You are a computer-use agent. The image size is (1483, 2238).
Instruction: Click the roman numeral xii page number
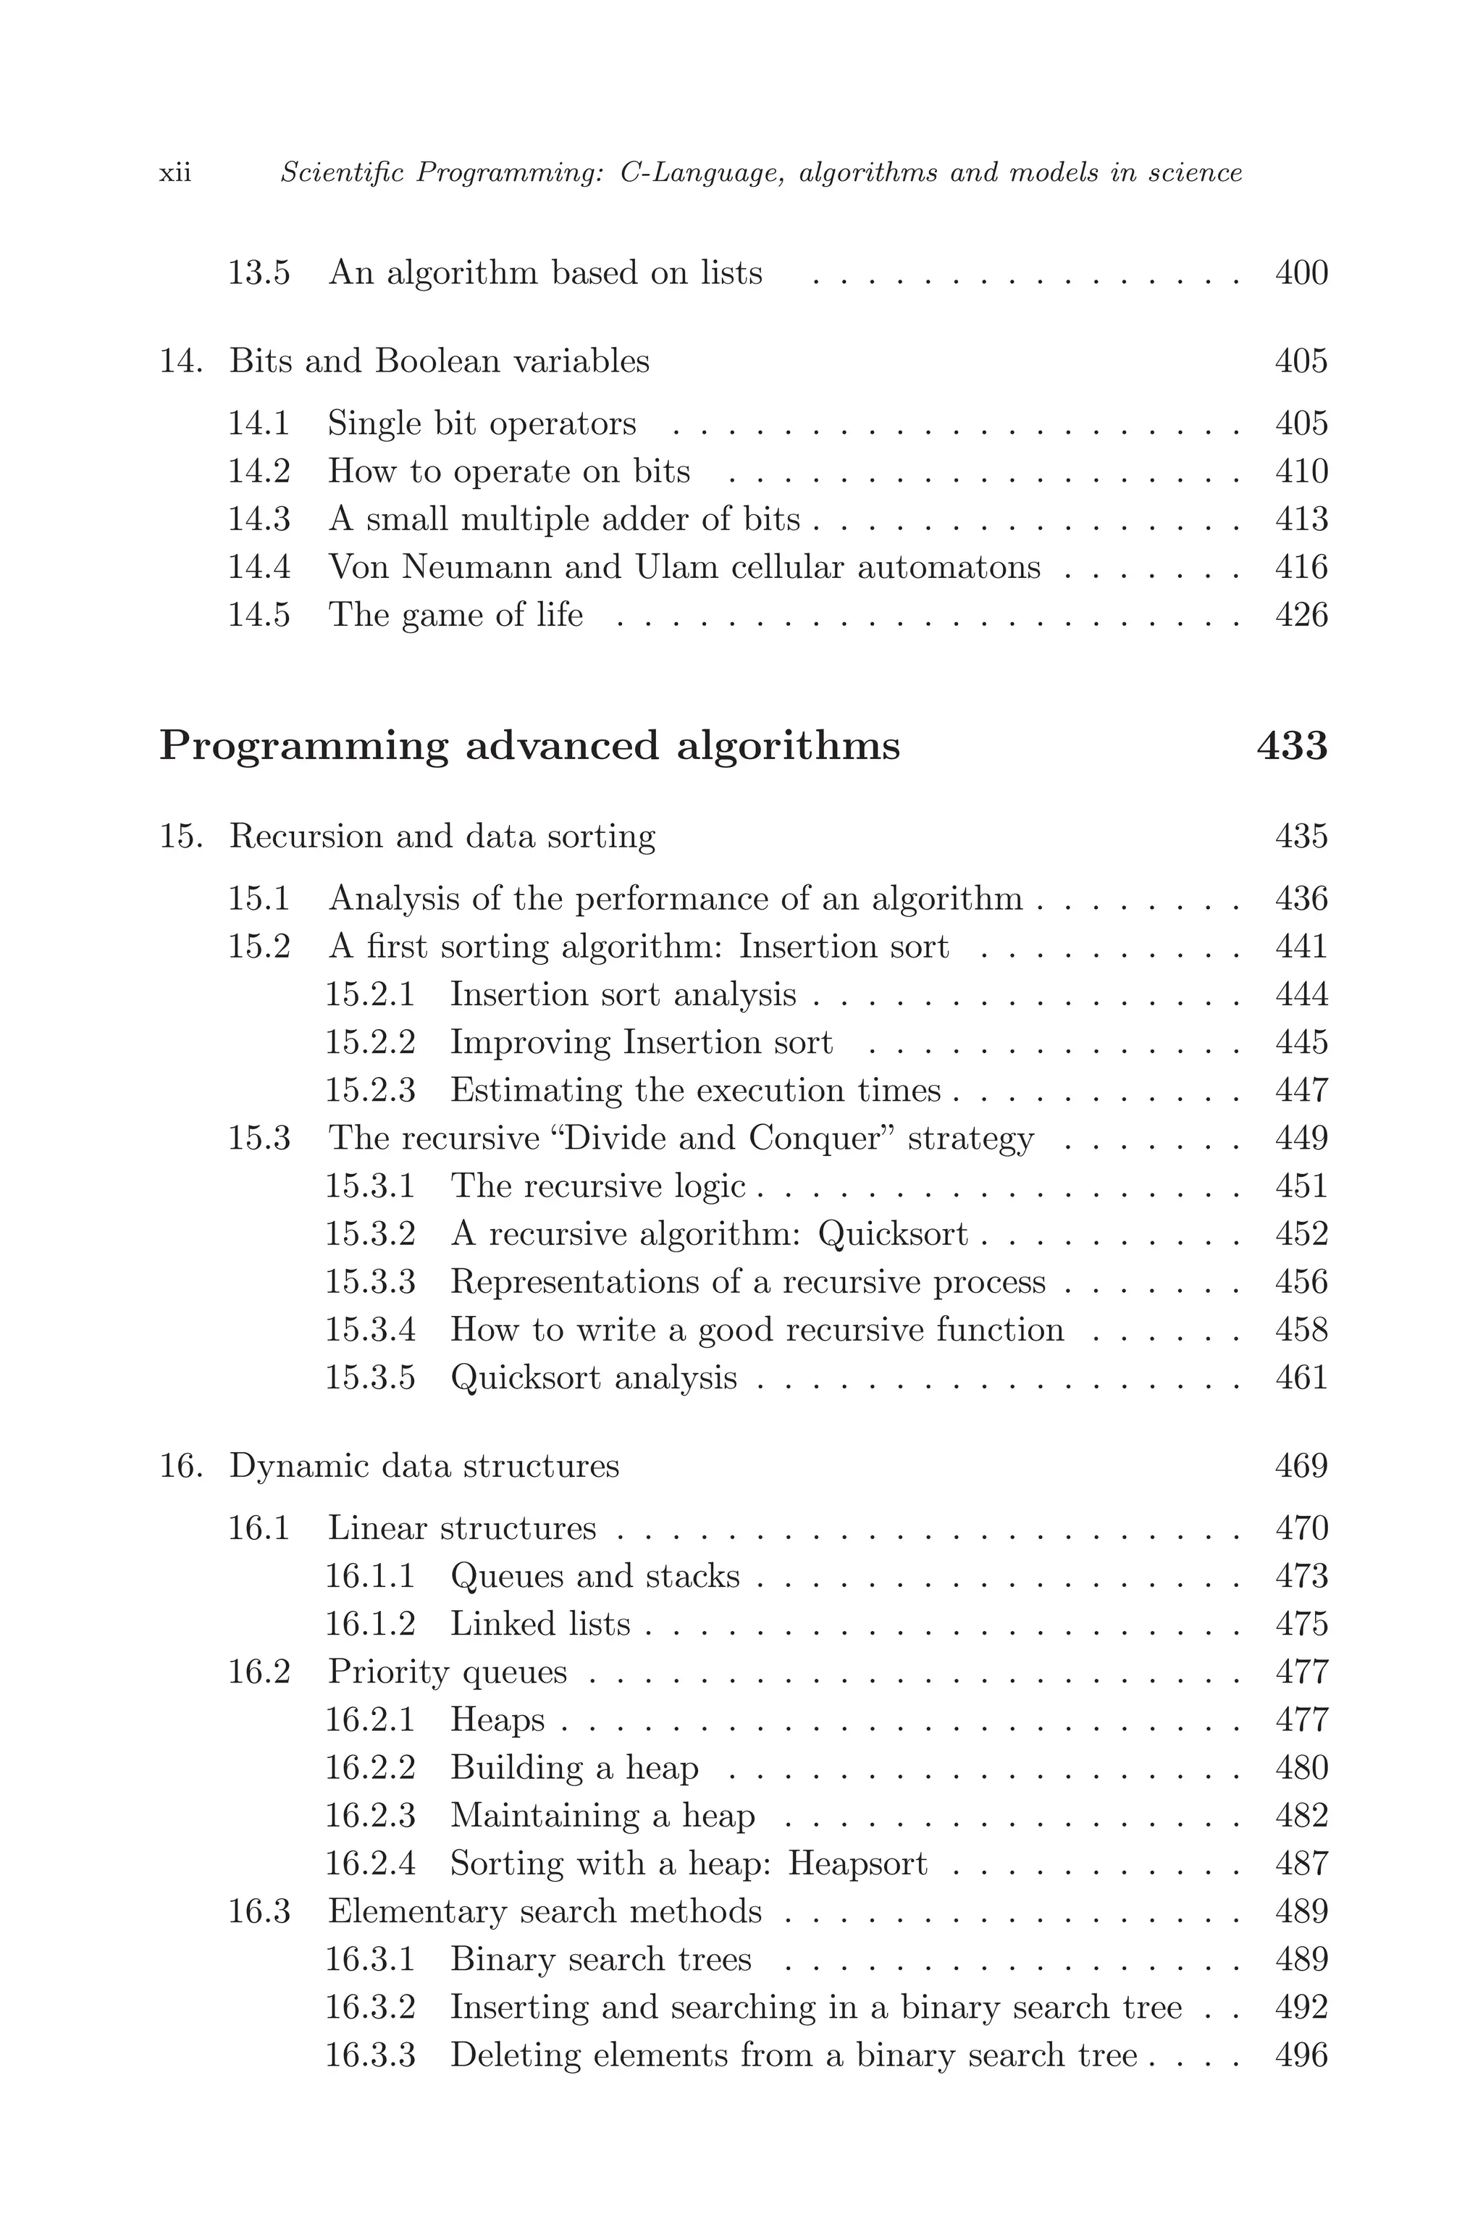click(175, 174)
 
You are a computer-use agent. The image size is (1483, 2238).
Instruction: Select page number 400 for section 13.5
click(1301, 273)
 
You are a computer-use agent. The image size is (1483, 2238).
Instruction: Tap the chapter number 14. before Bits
click(180, 361)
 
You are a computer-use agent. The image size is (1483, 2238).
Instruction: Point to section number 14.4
click(259, 568)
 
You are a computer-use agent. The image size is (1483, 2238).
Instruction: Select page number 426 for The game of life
click(1301, 616)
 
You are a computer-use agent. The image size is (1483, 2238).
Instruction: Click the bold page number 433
click(1291, 746)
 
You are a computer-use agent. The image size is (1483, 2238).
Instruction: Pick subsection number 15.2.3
click(370, 1091)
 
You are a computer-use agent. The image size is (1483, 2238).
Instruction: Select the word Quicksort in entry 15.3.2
click(893, 1234)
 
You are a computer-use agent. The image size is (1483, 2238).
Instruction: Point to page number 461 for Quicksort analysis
click(1301, 1378)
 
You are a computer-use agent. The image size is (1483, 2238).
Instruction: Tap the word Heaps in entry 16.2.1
click(497, 1719)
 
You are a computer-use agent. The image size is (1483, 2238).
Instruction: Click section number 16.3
click(259, 1911)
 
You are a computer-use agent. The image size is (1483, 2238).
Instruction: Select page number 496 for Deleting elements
click(1301, 2055)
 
